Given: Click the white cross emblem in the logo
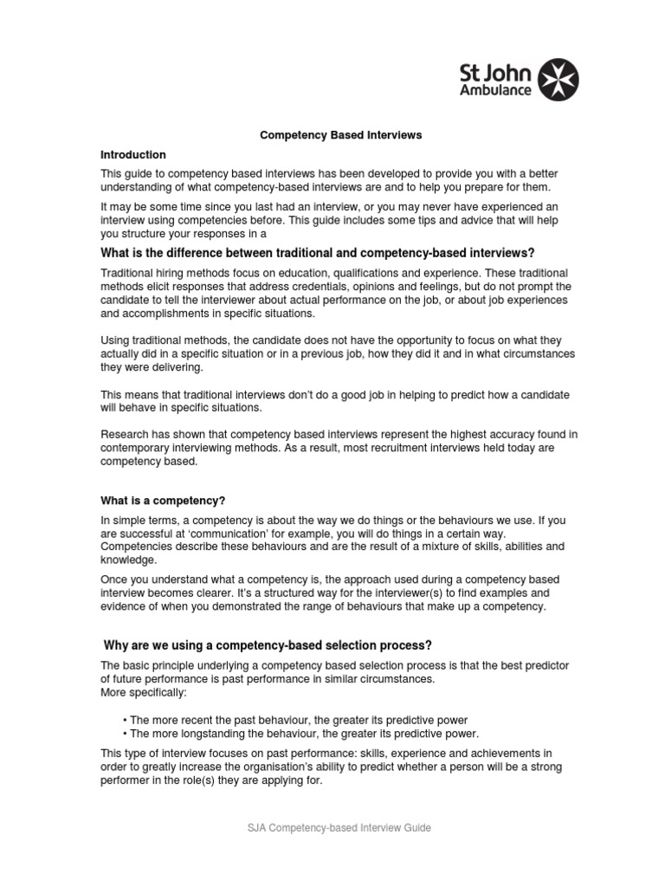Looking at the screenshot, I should (558, 80).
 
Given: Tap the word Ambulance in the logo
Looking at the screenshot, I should (495, 90).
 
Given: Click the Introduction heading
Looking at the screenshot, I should (133, 155).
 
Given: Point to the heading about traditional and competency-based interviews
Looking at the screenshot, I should (318, 253).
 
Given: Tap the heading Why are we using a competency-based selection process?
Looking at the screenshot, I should (268, 645).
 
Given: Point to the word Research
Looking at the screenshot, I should (125, 434).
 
